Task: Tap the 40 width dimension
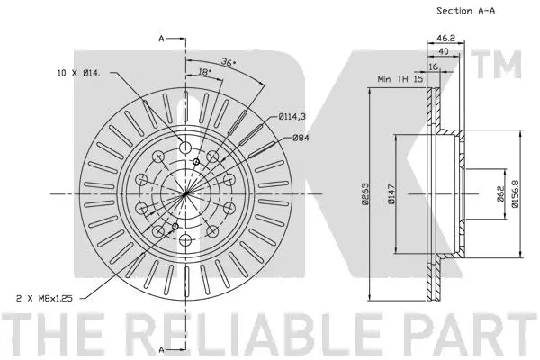click(x=445, y=52)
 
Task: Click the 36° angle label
click(x=229, y=64)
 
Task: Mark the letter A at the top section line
click(x=161, y=39)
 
